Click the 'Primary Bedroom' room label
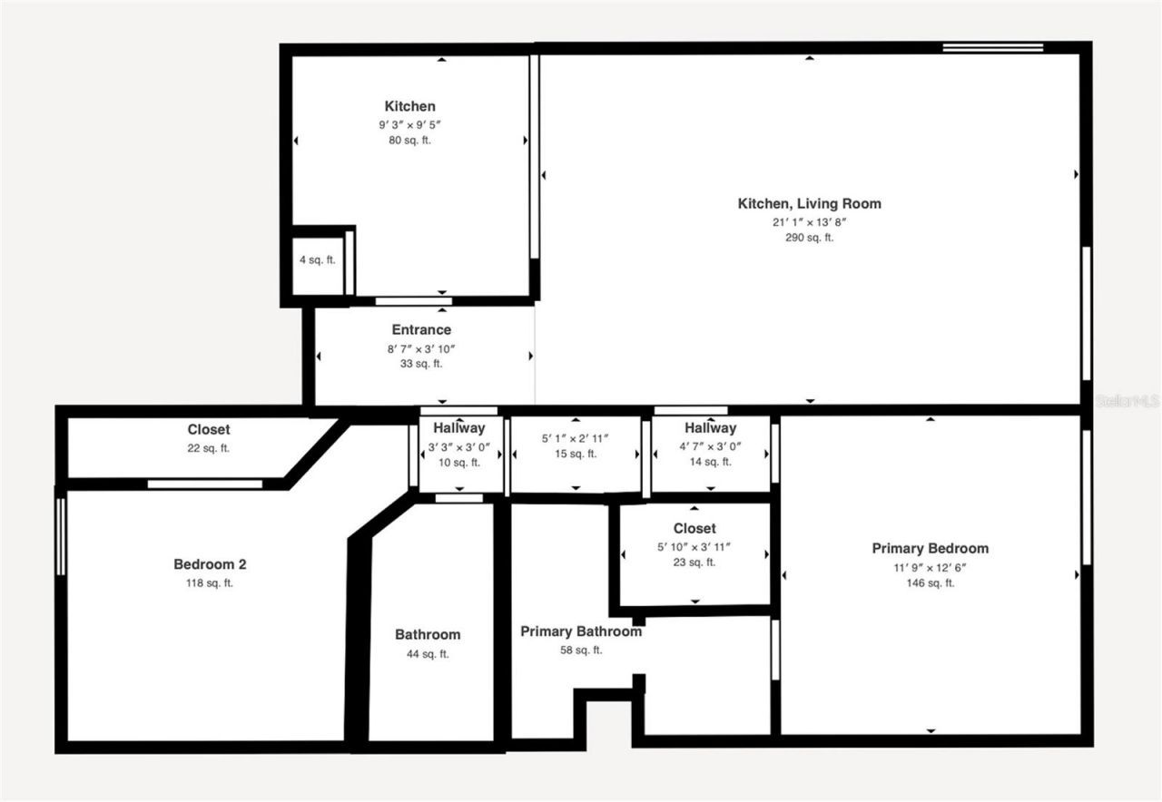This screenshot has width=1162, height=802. pos(930,548)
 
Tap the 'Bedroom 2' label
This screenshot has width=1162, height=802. pos(210,564)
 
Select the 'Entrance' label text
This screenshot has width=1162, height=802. pos(421,330)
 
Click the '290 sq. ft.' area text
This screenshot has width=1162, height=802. pos(809,238)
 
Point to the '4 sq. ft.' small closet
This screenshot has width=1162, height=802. pos(318,260)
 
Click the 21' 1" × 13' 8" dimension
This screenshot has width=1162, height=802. pos(809,221)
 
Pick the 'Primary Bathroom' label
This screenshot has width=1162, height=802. pos(581,631)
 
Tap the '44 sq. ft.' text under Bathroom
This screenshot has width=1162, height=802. pos(428,653)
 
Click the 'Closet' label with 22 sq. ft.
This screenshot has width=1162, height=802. pos(209,430)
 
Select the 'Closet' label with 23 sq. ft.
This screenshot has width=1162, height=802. pos(694,529)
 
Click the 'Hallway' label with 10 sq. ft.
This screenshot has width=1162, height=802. pos(458,428)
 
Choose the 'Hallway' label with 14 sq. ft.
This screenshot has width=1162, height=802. pos(711,428)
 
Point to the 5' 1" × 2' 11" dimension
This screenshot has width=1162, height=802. pos(576,438)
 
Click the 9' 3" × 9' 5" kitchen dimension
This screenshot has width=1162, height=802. pos(410,124)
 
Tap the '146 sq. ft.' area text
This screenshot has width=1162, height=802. pos(930,582)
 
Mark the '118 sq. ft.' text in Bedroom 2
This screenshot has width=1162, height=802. pos(210,582)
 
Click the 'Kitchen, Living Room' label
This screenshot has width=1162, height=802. pos(809,204)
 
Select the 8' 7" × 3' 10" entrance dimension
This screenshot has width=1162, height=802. pos(421,347)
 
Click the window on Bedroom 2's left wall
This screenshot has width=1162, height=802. pos(61,535)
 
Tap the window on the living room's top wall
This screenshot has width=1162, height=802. pos(992,47)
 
